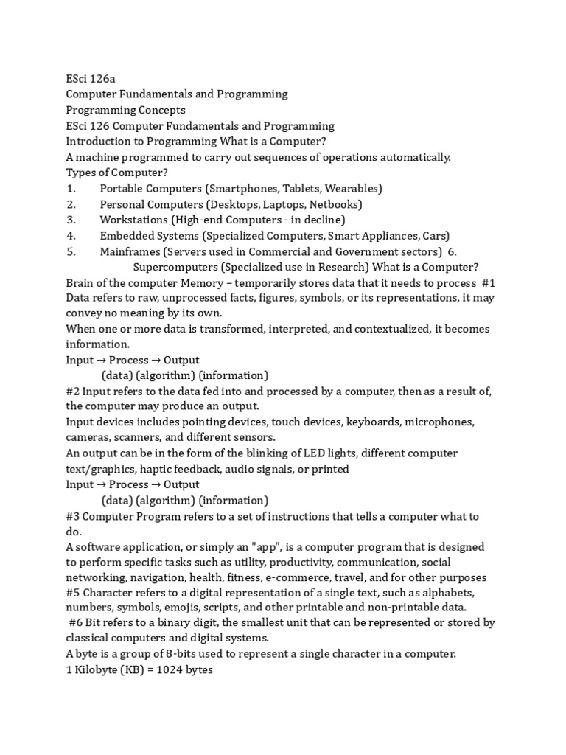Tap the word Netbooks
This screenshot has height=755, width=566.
335,204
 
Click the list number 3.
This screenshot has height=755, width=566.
71,220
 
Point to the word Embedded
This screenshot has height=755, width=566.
125,236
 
